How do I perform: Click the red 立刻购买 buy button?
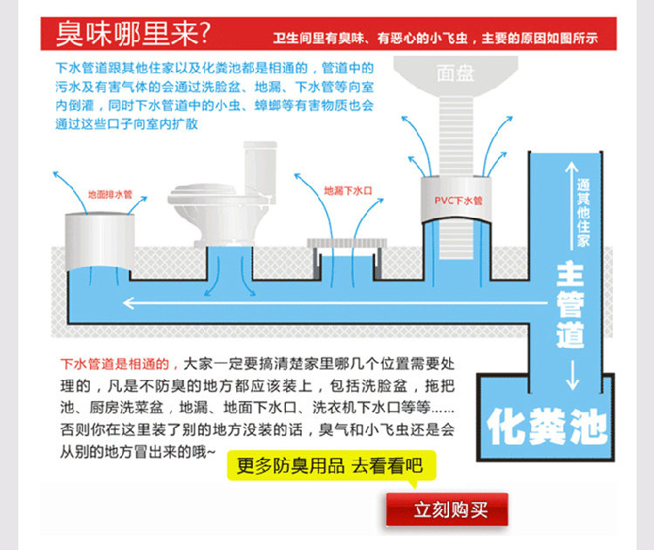tap(446, 509)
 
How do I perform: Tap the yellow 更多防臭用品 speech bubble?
tap(331, 465)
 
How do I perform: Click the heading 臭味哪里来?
tap(133, 34)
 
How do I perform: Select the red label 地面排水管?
tap(110, 194)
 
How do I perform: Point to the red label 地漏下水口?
tap(348, 191)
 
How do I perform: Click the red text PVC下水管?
tap(459, 200)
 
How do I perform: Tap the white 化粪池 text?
tap(547, 426)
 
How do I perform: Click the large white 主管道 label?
tap(570, 304)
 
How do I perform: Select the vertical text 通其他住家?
tap(583, 213)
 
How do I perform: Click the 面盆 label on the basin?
tap(455, 74)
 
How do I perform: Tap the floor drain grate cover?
tap(347, 242)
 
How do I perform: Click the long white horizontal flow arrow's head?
tap(128, 303)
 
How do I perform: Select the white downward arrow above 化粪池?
tap(573, 375)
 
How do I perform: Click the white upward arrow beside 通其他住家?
tap(571, 206)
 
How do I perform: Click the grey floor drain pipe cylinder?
tap(99, 241)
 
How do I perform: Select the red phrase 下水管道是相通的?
tap(115, 364)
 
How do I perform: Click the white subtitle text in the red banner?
tap(435, 38)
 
